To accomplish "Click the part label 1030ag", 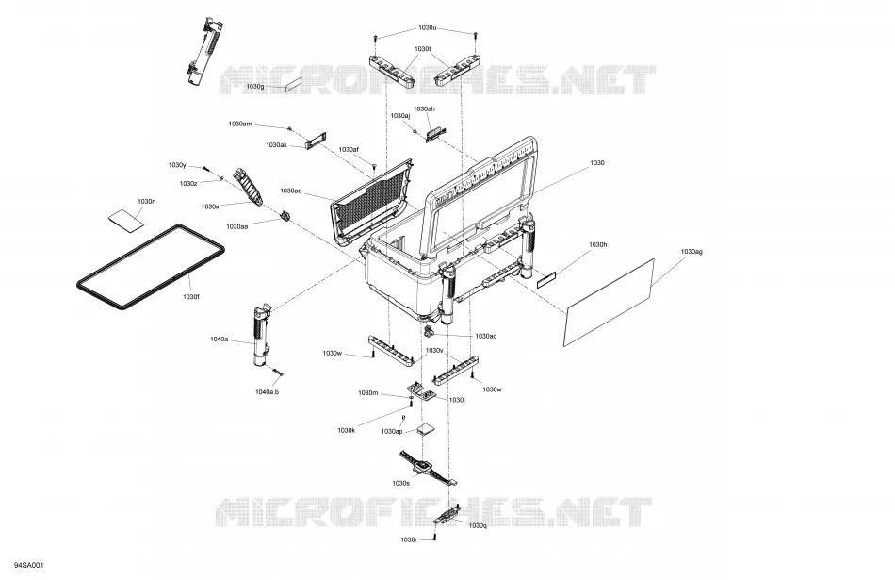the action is click(692, 252).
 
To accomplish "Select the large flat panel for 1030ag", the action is click(609, 303).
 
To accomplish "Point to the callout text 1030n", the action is click(147, 201).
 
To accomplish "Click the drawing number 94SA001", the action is click(29, 565).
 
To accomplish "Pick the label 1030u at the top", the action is click(428, 27).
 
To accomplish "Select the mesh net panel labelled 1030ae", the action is click(371, 202).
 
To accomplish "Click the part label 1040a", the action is click(220, 339).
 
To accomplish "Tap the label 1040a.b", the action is click(267, 392).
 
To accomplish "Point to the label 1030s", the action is click(400, 483).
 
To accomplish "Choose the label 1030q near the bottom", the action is click(478, 525).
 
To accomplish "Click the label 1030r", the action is click(409, 539).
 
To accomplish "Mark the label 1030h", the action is click(597, 244).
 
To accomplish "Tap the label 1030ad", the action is click(486, 336).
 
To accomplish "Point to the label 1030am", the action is click(239, 124).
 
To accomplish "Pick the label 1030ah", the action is click(424, 108).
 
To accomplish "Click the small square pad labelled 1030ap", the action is click(425, 430).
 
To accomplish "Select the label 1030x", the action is click(210, 207).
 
